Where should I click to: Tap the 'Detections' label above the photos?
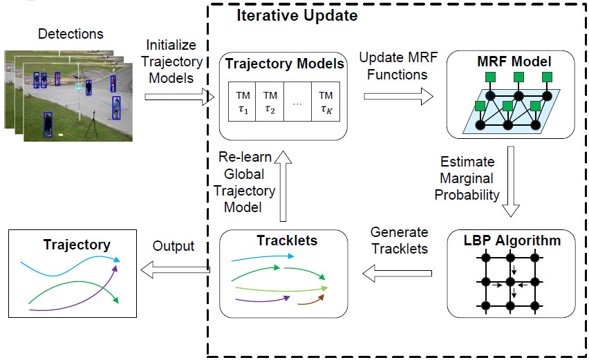(x=71, y=34)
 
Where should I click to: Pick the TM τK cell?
(x=326, y=101)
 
